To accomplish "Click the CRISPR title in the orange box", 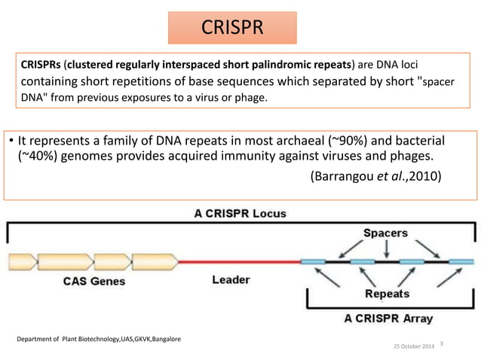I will [231, 28].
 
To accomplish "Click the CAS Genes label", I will [93, 282].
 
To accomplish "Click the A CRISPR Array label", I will [389, 318].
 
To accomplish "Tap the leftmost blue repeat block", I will [313, 262].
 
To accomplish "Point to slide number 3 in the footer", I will [442, 343].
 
